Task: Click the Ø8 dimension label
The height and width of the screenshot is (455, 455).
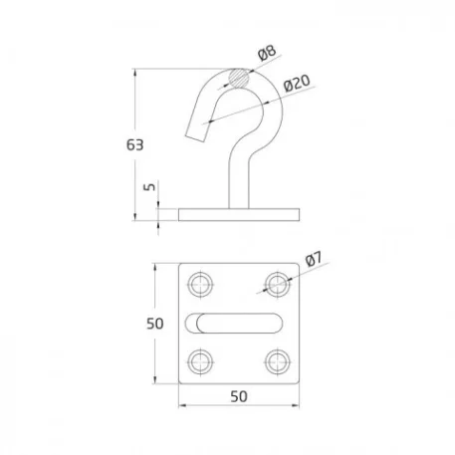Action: [x=267, y=53]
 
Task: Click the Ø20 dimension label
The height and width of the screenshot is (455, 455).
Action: [x=297, y=83]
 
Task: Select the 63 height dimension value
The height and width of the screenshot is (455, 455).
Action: [x=135, y=145]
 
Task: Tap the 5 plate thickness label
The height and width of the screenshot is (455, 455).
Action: [x=149, y=187]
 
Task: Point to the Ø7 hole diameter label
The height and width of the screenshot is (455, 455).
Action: [x=314, y=259]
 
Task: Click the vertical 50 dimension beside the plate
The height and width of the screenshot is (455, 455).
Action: [x=155, y=324]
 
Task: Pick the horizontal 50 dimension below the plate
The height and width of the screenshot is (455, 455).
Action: [x=239, y=396]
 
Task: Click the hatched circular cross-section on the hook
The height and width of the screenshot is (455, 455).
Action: [x=238, y=79]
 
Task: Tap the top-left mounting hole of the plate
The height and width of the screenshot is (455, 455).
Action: [x=200, y=285]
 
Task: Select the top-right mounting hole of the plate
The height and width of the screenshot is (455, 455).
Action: [x=278, y=285]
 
